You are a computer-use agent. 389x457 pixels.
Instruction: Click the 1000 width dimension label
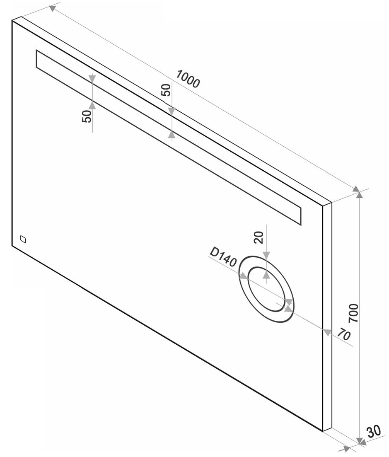[x=188, y=79]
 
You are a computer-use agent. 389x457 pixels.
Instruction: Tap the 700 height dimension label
[x=353, y=313]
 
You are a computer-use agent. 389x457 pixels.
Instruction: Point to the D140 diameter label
[x=223, y=257]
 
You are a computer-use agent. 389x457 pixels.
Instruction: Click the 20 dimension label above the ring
[x=259, y=237]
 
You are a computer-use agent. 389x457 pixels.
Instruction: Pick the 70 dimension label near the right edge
[x=344, y=334]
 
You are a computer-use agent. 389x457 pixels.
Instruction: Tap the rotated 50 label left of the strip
[x=87, y=116]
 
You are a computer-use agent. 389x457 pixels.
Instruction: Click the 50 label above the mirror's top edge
[x=166, y=90]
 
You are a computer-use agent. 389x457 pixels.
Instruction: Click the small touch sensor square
[x=23, y=239]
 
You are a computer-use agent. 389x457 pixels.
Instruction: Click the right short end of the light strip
[x=301, y=216]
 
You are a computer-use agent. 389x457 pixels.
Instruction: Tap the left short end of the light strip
[x=37, y=59]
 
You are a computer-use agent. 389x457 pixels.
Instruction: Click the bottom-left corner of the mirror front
[x=12, y=246]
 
